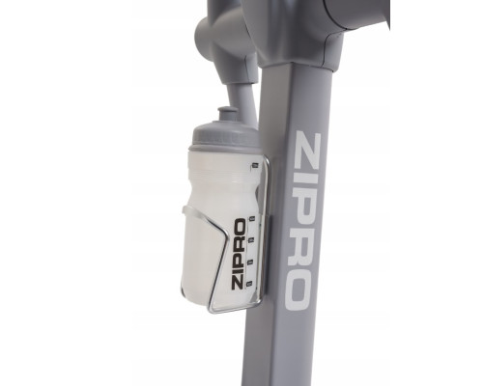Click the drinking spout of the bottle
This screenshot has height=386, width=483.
pyautogui.click(x=228, y=115)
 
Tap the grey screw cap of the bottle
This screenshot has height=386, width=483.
pyautogui.click(x=225, y=136)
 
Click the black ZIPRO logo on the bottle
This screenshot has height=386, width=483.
pyautogui.click(x=239, y=254)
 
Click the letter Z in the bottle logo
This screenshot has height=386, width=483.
pyautogui.click(x=238, y=283)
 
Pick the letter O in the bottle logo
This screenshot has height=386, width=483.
pyautogui.click(x=240, y=225)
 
